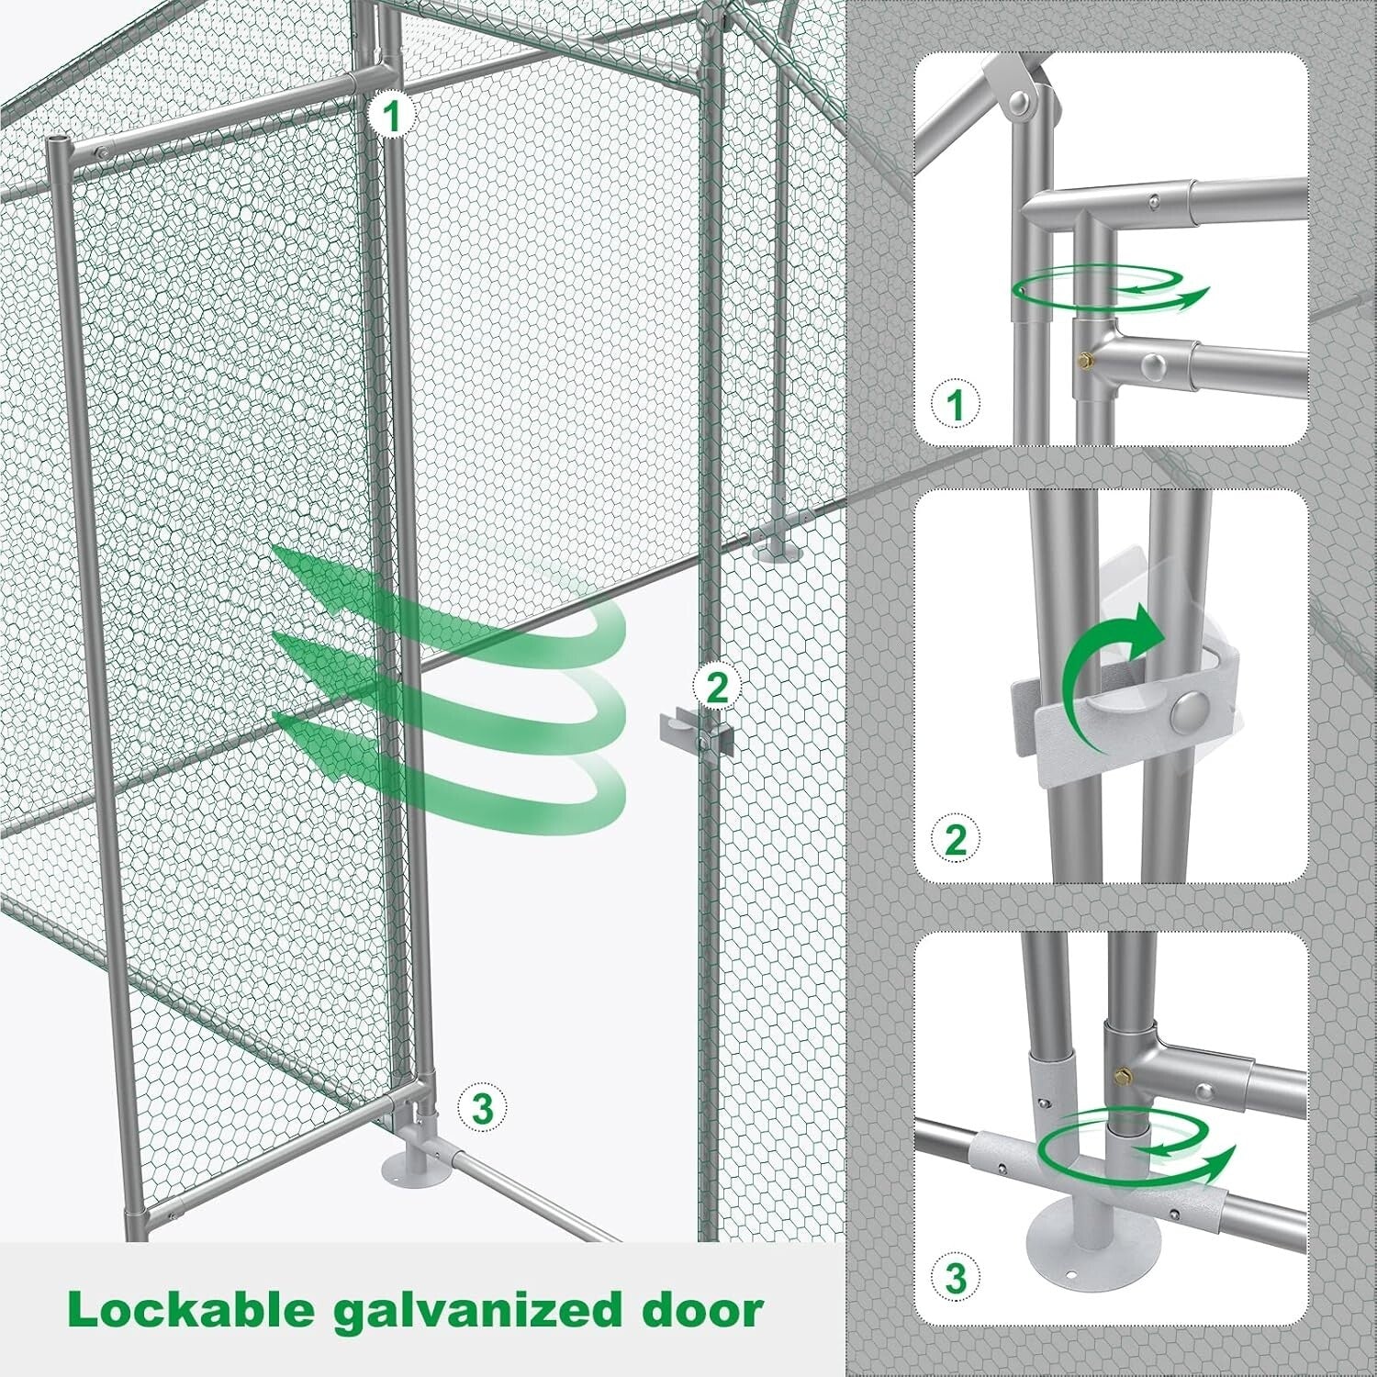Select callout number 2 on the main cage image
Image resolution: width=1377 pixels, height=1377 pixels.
pyautogui.click(x=716, y=685)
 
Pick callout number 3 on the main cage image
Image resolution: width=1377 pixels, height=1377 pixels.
pyautogui.click(x=482, y=1108)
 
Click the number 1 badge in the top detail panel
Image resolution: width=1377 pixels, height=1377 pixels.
pyautogui.click(x=956, y=403)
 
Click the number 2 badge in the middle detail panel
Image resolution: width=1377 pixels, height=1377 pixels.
pyautogui.click(x=956, y=839)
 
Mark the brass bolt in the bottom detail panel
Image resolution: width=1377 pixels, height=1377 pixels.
pyautogui.click(x=1122, y=1070)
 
